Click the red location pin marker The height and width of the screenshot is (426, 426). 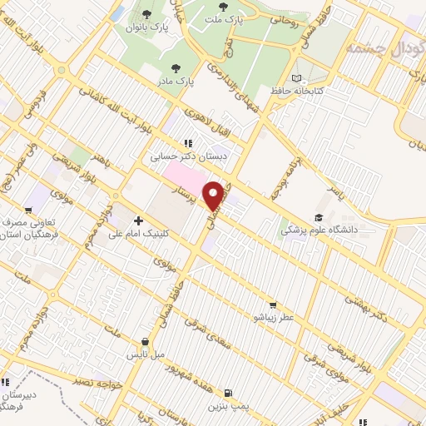point(215,196)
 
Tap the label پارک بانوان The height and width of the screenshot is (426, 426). point(147,27)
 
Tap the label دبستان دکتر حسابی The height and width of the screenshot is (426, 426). point(189,155)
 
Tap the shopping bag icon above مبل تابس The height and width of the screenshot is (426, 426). point(146,341)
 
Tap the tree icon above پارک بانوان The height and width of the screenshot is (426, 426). point(147,14)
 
